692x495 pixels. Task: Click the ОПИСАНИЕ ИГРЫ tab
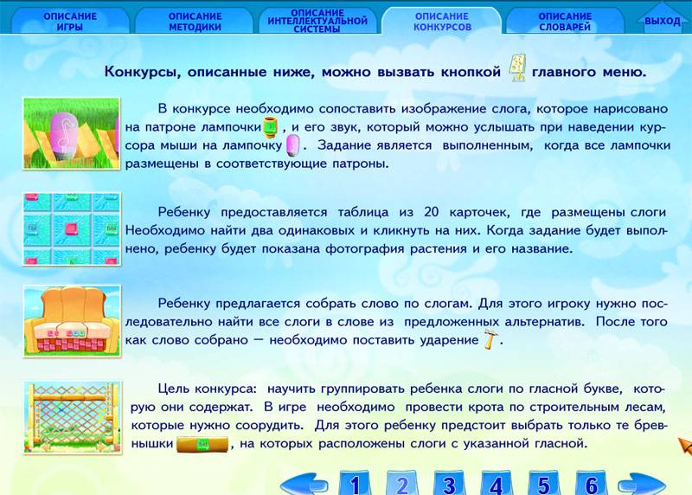(70, 21)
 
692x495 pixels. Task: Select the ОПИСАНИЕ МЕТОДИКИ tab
(195, 21)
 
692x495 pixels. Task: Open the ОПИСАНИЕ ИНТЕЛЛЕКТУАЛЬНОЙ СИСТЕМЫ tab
(317, 21)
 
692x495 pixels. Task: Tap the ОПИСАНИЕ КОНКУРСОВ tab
(442, 21)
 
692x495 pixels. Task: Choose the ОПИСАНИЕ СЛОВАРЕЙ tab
(565, 21)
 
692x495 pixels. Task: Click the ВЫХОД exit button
(662, 20)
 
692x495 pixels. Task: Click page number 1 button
(355, 484)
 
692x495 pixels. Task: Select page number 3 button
(449, 484)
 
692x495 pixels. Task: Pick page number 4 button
(497, 484)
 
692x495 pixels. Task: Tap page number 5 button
(544, 484)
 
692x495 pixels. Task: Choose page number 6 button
(592, 484)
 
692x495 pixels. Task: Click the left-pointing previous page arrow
(304, 485)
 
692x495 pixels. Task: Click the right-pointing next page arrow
(641, 485)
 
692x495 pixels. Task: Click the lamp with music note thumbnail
(72, 133)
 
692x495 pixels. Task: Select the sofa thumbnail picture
(73, 321)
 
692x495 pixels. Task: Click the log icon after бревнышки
(202, 444)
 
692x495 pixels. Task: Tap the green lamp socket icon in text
(271, 126)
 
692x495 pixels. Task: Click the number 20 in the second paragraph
(431, 212)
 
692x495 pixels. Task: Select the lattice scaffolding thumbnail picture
(73, 418)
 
